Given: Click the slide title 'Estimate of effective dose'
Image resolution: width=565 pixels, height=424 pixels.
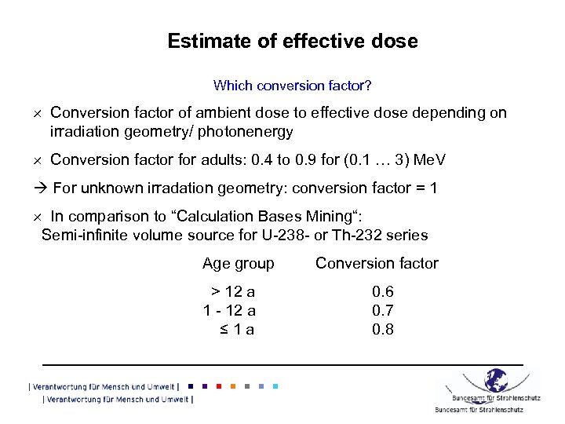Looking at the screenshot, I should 293,41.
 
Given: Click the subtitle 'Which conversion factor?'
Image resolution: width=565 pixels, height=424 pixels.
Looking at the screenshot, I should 293,84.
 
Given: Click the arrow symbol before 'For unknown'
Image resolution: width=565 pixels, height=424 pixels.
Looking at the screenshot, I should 43,188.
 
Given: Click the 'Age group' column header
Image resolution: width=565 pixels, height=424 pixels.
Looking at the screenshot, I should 238,264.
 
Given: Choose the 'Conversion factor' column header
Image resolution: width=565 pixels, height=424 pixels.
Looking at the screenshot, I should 377,264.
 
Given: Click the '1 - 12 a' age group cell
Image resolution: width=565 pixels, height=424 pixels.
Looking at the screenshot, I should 230,311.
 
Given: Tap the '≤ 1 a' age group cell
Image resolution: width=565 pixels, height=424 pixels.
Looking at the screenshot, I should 237,330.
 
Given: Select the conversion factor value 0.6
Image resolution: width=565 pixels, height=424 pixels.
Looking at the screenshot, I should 383,292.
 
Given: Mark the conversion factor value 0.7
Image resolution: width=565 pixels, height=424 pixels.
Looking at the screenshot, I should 383,311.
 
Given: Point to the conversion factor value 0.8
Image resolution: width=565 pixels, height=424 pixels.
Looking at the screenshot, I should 383,330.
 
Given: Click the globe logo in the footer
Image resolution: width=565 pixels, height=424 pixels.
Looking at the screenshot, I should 495,381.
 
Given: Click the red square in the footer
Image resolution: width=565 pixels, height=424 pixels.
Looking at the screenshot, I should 218,386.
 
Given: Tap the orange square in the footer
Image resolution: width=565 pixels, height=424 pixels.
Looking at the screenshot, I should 232,386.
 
